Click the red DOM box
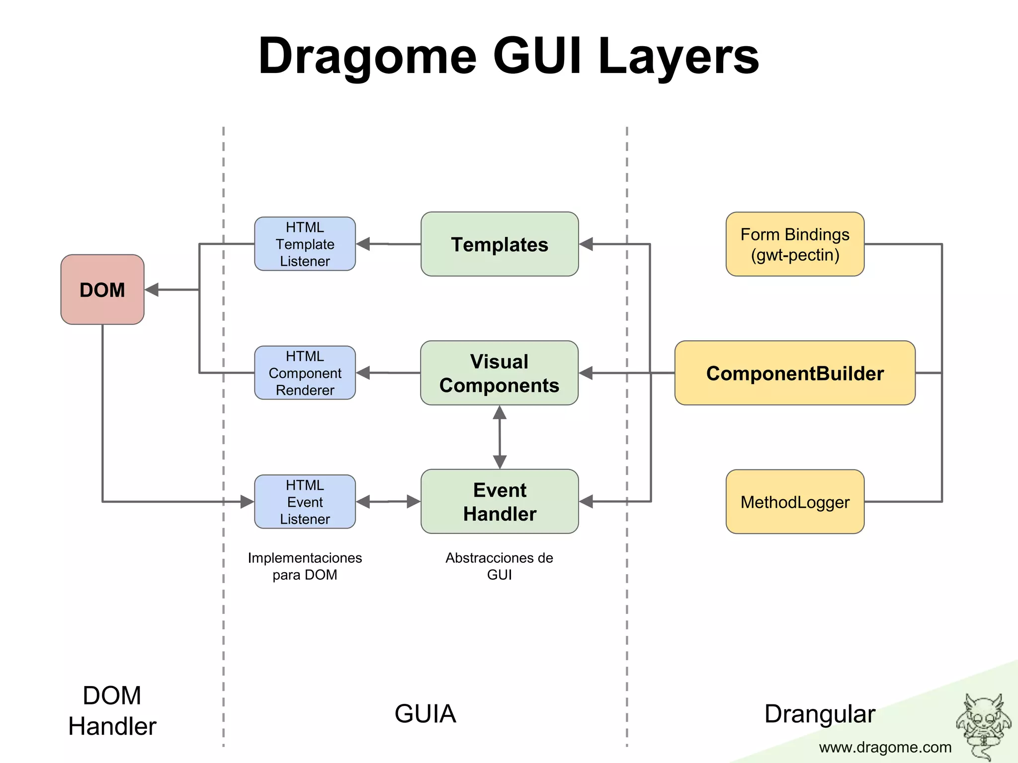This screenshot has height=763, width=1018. pyautogui.click(x=102, y=290)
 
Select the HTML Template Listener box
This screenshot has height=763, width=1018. pyautogui.click(x=305, y=244)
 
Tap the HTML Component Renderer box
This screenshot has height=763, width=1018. pyautogui.click(x=305, y=373)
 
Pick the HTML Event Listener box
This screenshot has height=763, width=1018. pyautogui.click(x=305, y=502)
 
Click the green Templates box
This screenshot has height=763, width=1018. pyautogui.click(x=500, y=244)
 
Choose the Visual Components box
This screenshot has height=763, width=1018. pyautogui.click(x=500, y=373)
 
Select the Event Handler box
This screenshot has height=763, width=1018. pyautogui.click(x=500, y=502)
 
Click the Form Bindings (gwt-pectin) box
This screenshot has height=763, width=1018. pyautogui.click(x=795, y=244)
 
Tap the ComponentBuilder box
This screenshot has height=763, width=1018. pyautogui.click(x=795, y=373)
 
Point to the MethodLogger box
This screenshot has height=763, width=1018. pyautogui.click(x=795, y=502)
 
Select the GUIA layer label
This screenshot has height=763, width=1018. pyautogui.click(x=425, y=714)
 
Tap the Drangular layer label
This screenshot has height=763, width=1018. pyautogui.click(x=820, y=714)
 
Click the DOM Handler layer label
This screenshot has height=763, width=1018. pyautogui.click(x=112, y=710)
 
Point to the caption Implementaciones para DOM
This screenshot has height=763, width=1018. pyautogui.click(x=305, y=566)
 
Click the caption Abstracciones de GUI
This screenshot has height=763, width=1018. pyautogui.click(x=499, y=566)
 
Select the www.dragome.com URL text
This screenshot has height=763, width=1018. pyautogui.click(x=885, y=747)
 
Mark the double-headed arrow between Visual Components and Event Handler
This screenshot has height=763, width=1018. pyautogui.click(x=500, y=437)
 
